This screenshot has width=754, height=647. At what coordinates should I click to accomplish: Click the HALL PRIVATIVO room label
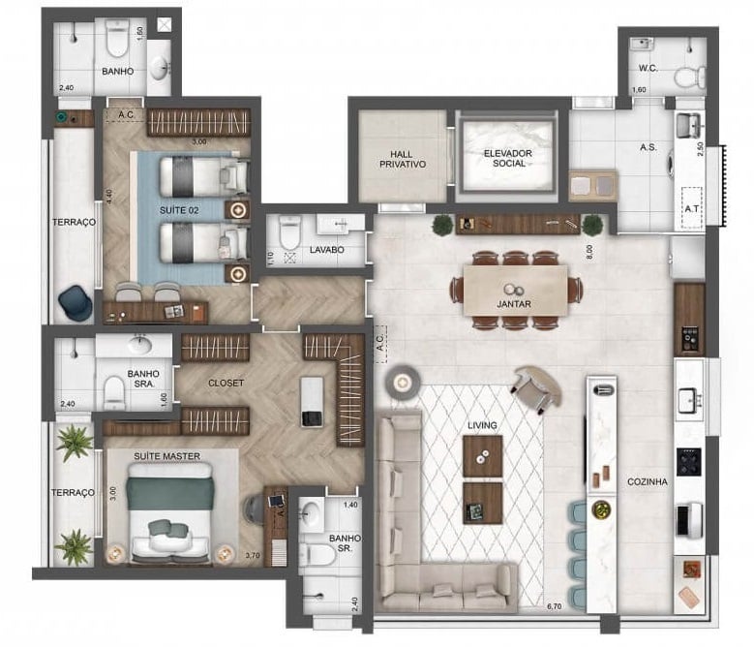[x=402, y=158]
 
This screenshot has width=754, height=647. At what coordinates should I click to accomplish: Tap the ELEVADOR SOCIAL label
[x=508, y=157]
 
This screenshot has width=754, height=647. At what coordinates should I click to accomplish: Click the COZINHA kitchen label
[x=648, y=481]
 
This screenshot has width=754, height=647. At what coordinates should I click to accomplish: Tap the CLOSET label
[x=226, y=383]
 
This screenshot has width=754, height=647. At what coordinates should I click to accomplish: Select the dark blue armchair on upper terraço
[x=75, y=303]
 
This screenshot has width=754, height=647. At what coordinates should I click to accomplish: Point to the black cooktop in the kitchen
[x=690, y=461]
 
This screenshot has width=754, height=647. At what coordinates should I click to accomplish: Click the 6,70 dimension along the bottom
[x=554, y=607]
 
